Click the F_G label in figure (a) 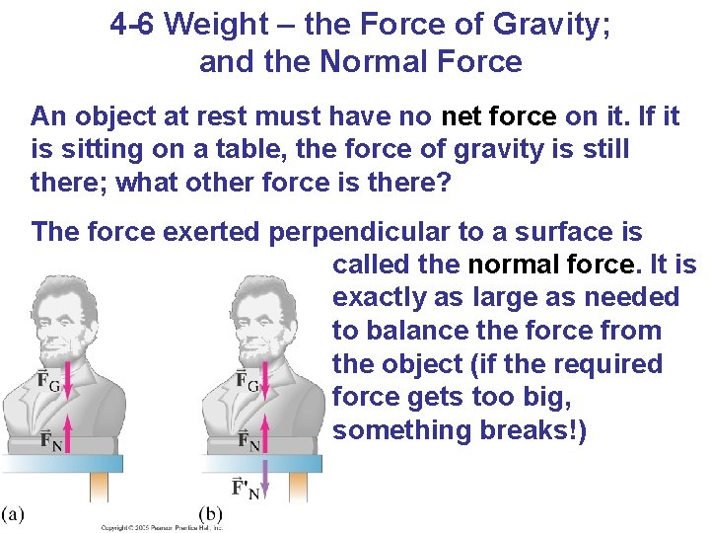(x=46, y=381)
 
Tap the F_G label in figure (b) (x=247, y=381)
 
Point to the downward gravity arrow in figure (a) (x=66, y=388)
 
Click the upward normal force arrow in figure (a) (x=66, y=432)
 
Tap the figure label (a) (x=14, y=512)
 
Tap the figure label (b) (x=212, y=512)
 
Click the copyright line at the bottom (x=163, y=528)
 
